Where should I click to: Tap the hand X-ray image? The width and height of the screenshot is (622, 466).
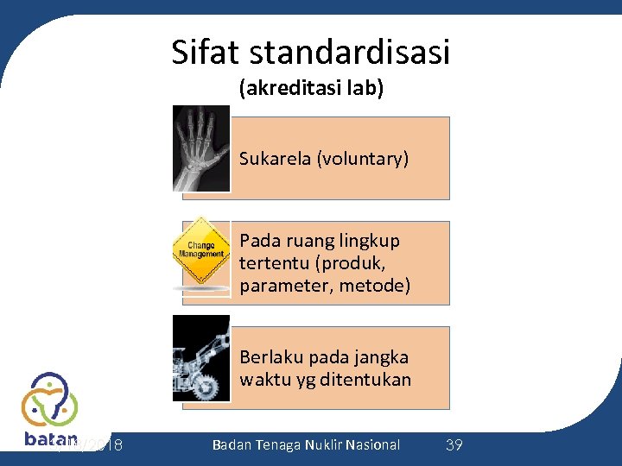[x=201, y=148]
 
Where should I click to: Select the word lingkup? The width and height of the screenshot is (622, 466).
[x=371, y=240]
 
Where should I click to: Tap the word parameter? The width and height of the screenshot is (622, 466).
[x=279, y=285]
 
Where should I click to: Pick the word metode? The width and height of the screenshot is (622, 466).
[x=374, y=285]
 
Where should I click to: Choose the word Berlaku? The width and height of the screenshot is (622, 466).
[x=271, y=357]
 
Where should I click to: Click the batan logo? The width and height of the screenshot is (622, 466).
[x=50, y=411]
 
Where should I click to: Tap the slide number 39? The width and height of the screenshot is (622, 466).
[x=454, y=445]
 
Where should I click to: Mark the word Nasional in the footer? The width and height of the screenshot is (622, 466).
[x=372, y=445]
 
